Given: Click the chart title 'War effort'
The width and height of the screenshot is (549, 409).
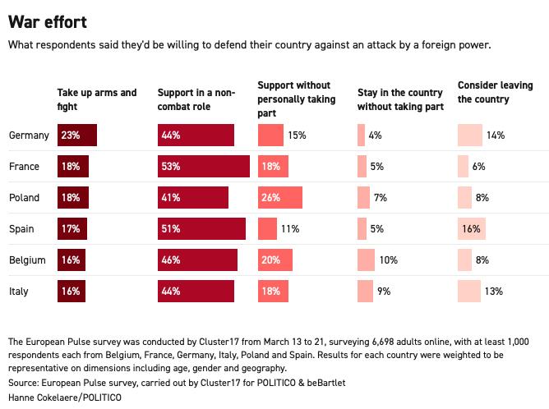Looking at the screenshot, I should (47, 21).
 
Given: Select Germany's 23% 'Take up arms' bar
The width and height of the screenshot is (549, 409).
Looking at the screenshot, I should (77, 135).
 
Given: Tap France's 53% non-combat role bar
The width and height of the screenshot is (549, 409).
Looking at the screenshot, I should (204, 166).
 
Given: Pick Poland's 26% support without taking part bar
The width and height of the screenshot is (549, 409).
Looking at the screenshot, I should (279, 197).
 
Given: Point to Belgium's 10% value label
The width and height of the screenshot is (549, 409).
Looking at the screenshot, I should (388, 260).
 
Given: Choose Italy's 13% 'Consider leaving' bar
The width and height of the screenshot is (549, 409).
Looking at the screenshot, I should (469, 291).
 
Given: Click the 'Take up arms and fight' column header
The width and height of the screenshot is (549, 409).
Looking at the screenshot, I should (97, 99).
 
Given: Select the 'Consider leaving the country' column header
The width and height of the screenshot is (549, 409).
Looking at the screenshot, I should (495, 92).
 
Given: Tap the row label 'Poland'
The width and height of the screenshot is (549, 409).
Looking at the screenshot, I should (23, 197).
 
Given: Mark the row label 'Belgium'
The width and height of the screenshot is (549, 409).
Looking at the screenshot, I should (27, 260).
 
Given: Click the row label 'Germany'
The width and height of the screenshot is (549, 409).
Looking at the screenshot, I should (29, 135).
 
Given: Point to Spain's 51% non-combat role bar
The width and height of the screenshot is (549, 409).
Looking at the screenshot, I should (201, 228).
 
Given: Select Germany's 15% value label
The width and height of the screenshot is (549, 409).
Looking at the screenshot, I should (297, 135).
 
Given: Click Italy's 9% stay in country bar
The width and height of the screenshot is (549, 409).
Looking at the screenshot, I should (365, 291).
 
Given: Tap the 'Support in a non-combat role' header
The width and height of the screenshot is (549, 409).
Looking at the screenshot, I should (196, 99).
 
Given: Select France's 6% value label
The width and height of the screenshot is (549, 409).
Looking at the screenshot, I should (478, 166).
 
